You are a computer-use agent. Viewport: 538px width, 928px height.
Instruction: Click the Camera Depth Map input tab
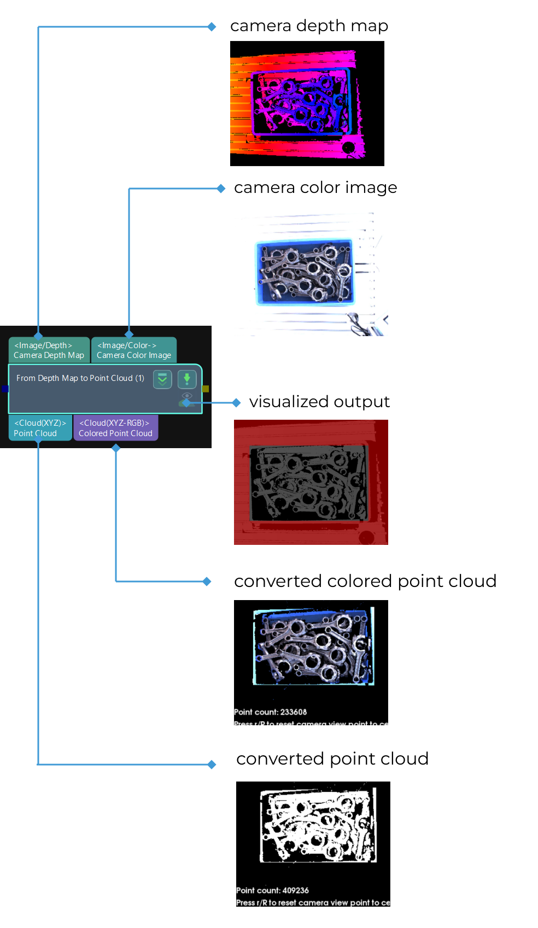(49, 350)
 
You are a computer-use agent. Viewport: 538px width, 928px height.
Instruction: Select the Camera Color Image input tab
(133, 350)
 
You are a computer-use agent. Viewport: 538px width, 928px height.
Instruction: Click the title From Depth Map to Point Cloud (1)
(80, 378)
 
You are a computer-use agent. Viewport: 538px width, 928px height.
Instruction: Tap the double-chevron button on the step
(162, 379)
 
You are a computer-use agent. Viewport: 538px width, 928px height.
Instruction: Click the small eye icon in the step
(187, 395)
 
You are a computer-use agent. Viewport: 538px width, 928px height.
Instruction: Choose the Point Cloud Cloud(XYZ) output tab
(40, 428)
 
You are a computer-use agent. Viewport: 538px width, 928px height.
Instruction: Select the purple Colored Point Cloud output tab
(115, 428)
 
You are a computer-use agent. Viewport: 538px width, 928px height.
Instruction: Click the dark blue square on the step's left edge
(5, 389)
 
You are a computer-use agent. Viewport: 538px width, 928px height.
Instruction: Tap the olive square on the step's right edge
(206, 389)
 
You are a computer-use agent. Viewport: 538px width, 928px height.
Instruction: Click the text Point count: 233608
(270, 712)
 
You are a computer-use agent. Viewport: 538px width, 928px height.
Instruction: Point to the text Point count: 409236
(272, 890)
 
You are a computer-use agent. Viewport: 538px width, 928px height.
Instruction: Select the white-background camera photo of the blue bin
(311, 273)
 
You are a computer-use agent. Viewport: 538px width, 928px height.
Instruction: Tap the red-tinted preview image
(311, 482)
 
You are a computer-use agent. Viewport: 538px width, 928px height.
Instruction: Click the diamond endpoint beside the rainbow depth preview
(212, 27)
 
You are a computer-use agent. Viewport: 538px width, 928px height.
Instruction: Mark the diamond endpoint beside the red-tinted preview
(236, 403)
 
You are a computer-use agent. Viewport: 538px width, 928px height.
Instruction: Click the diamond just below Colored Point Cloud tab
(116, 448)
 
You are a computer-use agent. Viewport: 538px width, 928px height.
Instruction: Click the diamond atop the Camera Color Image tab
(129, 334)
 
